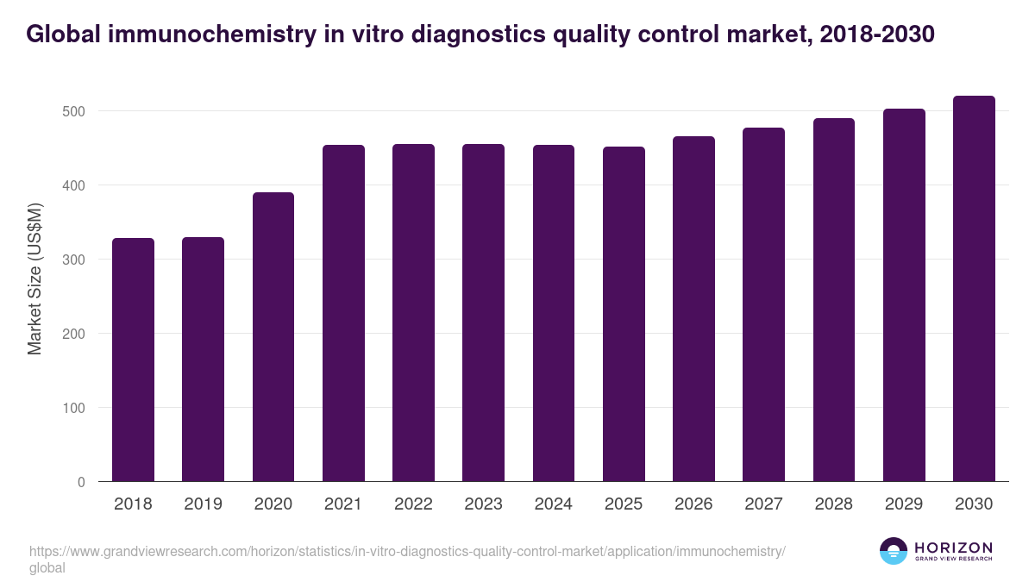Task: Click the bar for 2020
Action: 273,336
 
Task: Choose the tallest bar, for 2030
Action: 974,289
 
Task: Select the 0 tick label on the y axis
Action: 81,482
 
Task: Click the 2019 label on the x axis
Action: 204,504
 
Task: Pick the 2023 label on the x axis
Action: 483,504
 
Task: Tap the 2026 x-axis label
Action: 693,504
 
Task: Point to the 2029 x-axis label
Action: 904,504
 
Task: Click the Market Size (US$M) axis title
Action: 34,278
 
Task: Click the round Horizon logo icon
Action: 893,552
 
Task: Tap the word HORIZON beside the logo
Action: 953,548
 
